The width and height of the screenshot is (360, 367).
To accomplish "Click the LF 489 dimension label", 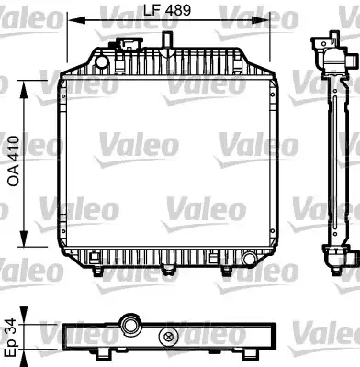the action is (x=167, y=10).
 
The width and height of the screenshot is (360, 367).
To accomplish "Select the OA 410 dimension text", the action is (x=14, y=161).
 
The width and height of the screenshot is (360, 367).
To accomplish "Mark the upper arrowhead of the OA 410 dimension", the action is (x=24, y=90).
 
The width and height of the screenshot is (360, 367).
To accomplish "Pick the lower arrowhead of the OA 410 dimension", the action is (x=24, y=238).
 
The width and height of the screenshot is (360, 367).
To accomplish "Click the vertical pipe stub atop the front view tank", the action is (x=167, y=40).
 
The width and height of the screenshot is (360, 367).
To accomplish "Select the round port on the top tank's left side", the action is (x=101, y=62).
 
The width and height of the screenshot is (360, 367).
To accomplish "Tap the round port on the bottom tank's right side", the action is (x=249, y=259).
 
